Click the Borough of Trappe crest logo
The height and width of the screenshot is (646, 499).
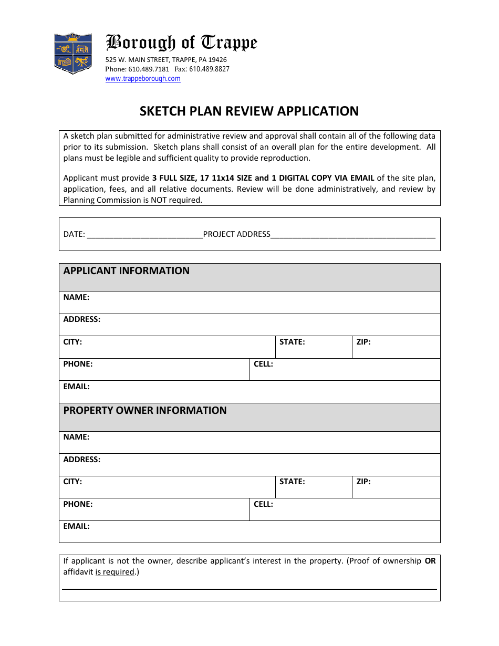click(x=73, y=53)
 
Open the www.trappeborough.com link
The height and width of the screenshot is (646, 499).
click(x=143, y=79)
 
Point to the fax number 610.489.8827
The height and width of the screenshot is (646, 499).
click(x=209, y=69)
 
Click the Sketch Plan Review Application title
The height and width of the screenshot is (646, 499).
click(x=249, y=111)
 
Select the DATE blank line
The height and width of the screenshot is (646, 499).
click(x=145, y=235)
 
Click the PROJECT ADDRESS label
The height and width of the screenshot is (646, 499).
click(x=236, y=234)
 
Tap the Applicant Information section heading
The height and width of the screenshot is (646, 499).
click(x=127, y=271)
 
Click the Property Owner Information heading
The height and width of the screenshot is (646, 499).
click(x=145, y=411)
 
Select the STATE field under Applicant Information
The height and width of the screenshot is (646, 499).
click(x=313, y=348)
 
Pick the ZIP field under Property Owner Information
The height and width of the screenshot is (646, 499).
click(x=396, y=487)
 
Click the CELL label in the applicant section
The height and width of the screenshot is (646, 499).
click(x=263, y=364)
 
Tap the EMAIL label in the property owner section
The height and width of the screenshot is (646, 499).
click(x=77, y=526)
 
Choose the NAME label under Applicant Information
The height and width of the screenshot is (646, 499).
click(x=77, y=297)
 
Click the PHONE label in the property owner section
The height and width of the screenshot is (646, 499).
click(x=78, y=504)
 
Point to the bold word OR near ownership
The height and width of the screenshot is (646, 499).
click(x=430, y=561)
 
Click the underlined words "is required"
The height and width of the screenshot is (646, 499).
click(x=115, y=572)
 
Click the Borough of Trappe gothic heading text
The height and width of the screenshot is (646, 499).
click(x=182, y=43)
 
